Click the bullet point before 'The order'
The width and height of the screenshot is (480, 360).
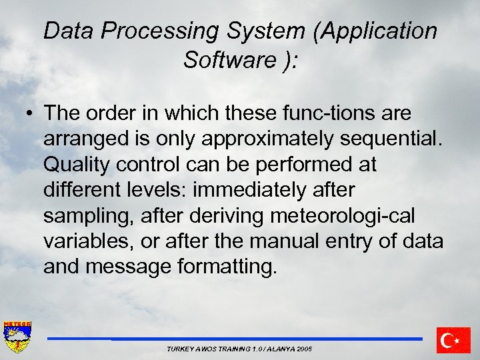pos(31,114)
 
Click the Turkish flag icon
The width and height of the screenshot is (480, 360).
pos(454,340)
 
